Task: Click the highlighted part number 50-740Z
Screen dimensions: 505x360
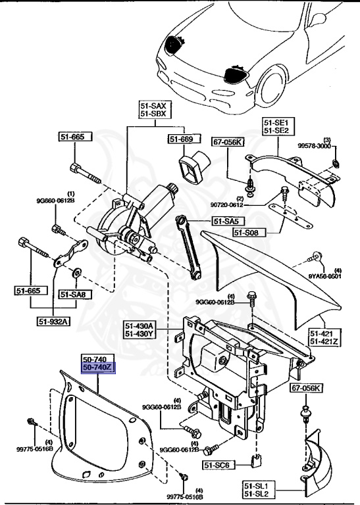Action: tap(97, 369)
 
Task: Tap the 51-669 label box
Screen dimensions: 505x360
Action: tap(181, 139)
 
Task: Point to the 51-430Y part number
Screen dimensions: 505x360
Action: tap(141, 333)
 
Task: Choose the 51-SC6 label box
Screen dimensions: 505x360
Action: tap(219, 464)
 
